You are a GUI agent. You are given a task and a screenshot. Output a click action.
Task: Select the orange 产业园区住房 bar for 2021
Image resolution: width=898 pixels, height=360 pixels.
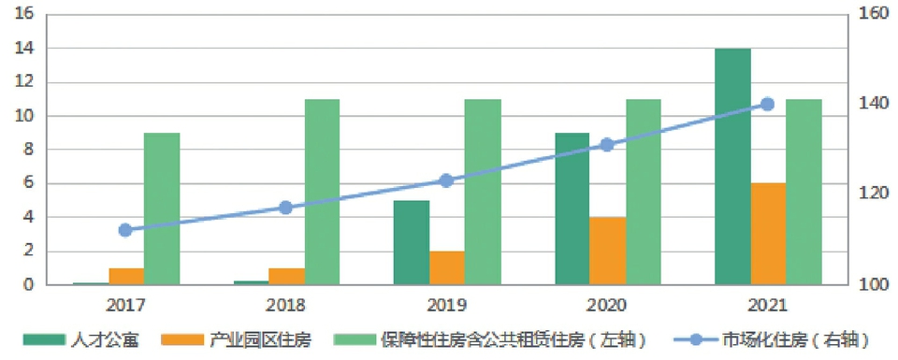(768, 234)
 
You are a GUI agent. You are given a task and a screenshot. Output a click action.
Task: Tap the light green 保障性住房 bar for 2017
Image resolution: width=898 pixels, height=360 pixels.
(162, 209)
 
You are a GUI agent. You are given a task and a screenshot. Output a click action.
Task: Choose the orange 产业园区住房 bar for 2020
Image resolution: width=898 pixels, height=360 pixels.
(607, 251)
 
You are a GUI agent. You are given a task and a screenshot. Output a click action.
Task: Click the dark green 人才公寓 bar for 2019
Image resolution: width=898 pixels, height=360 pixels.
(412, 242)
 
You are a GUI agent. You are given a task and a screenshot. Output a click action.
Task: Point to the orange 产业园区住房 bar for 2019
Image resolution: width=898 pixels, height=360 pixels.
(447, 267)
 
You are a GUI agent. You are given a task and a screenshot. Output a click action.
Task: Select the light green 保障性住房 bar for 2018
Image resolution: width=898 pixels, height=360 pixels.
(322, 192)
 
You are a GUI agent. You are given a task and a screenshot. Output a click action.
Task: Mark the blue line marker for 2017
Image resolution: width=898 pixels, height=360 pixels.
(125, 230)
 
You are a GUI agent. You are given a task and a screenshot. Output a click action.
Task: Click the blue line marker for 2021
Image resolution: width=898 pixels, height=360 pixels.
(767, 104)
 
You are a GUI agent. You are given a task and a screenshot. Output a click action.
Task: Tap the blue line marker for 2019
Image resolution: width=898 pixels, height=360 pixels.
(446, 180)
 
